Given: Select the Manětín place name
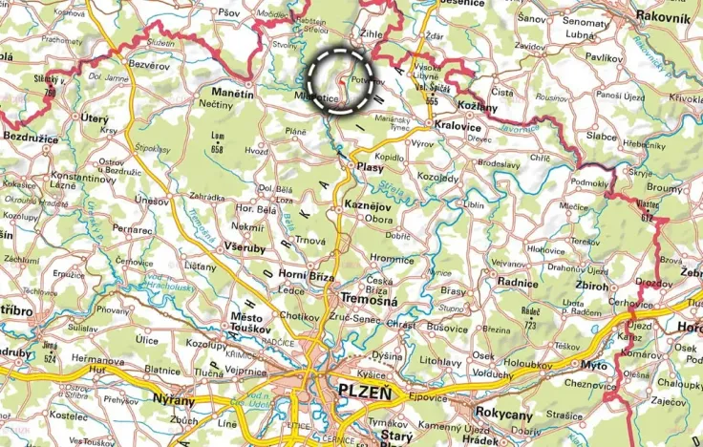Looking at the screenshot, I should (231, 94).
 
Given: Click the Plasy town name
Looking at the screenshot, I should (371, 165).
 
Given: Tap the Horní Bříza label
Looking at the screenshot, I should (308, 276).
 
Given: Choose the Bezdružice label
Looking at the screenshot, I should (30, 138).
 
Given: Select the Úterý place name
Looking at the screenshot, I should (96, 117).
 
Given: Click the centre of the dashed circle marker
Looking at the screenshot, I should (341, 80).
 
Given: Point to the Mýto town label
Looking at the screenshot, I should (593, 365).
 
